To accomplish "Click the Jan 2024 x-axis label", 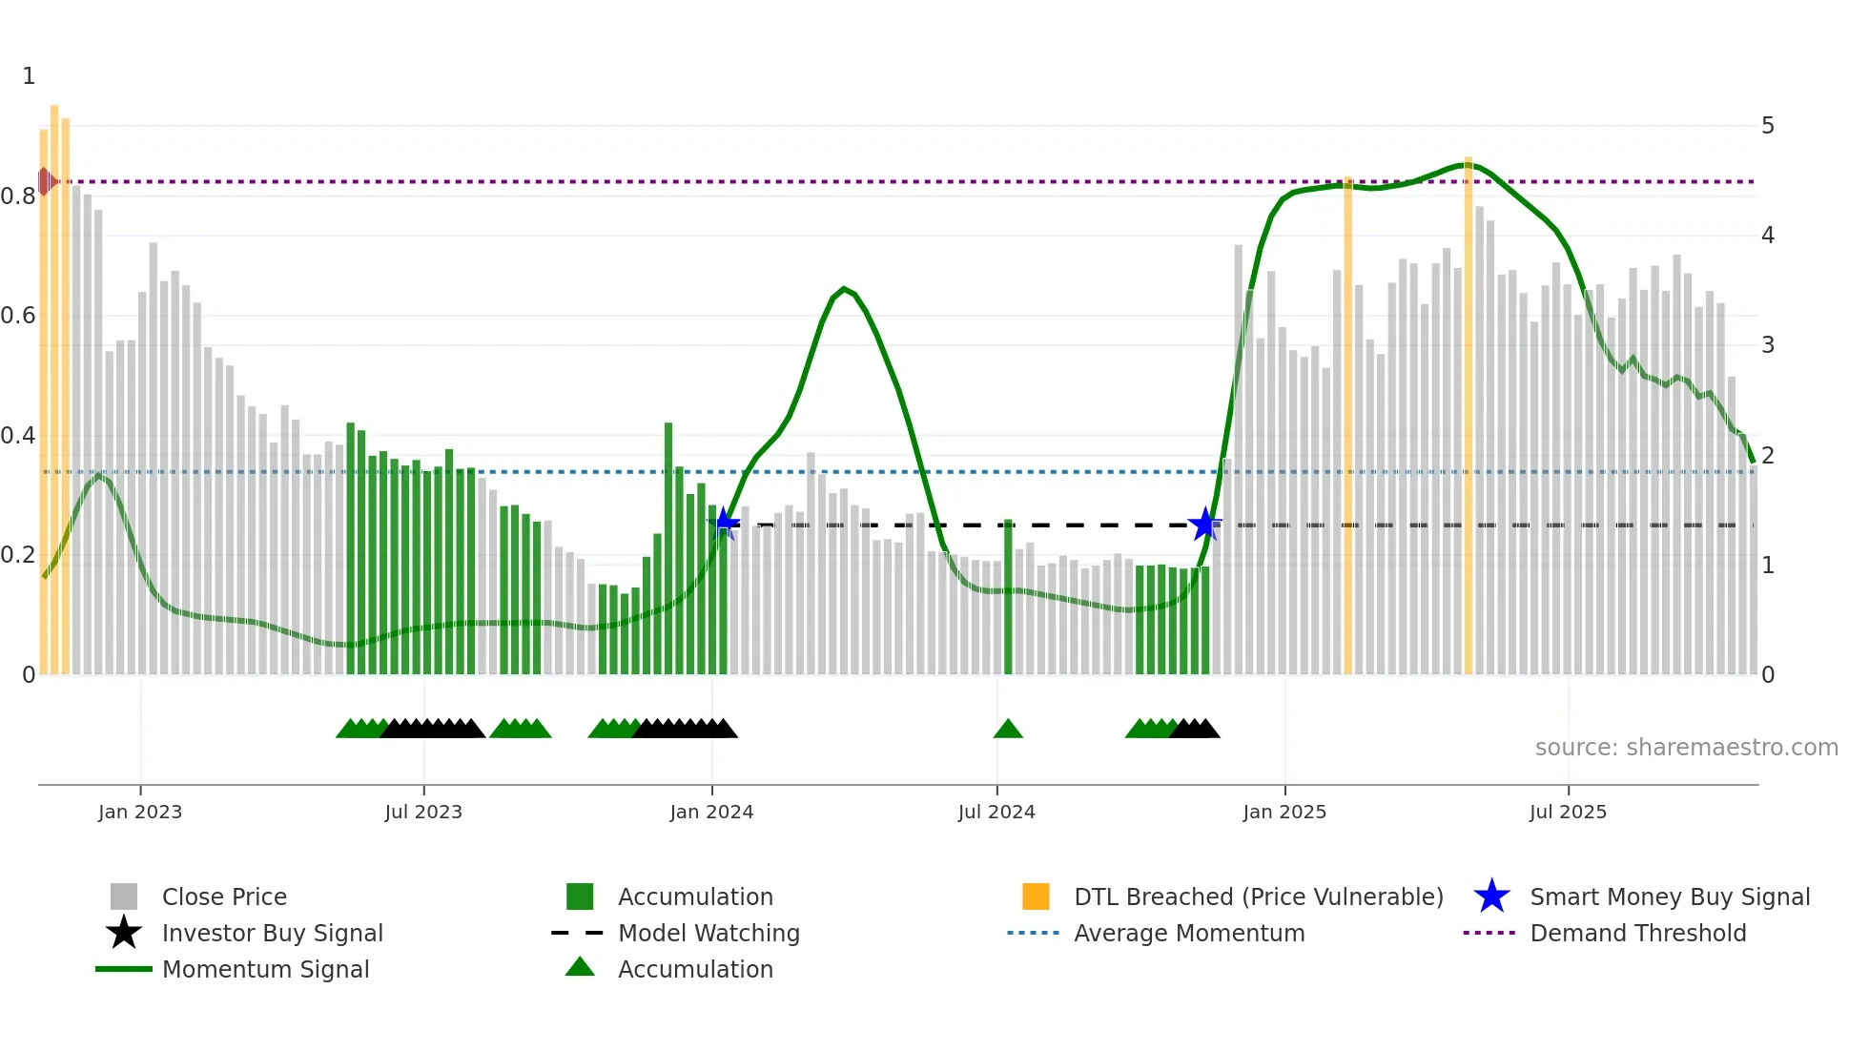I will [711, 812].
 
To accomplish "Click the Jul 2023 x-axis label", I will [423, 812].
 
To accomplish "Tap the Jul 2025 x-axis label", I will [1568, 812].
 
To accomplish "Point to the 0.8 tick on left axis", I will [19, 196].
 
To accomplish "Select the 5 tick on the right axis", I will [1767, 126].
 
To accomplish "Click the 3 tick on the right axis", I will [1767, 345].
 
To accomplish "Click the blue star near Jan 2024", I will [725, 523].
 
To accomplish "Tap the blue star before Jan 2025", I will [1205, 524].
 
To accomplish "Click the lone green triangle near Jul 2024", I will [1008, 730].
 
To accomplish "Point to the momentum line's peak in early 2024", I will [843, 288].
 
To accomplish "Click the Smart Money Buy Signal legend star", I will [1491, 896].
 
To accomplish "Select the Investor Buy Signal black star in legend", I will [124, 933].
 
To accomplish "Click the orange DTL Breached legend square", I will [1036, 896].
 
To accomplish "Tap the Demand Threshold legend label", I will [1637, 933].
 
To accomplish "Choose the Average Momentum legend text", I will [1188, 933].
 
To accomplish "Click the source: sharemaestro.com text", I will [1686, 747].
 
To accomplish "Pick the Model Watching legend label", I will [709, 933].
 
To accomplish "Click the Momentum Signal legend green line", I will [124, 969].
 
